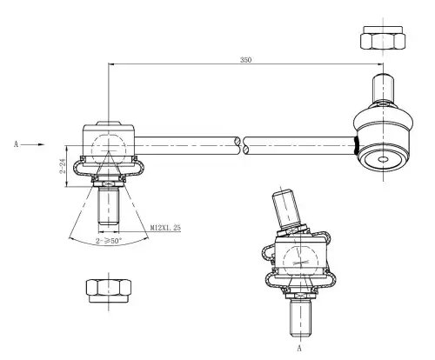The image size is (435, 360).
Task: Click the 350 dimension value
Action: click(245, 60)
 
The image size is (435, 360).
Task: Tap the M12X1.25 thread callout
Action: click(165, 228)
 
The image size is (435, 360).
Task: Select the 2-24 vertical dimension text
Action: click(63, 166)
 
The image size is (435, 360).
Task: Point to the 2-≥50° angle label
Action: click(109, 241)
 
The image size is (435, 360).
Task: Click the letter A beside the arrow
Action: click(16, 144)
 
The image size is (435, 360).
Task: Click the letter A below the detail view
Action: click(299, 348)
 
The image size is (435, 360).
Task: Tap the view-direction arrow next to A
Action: click(33, 144)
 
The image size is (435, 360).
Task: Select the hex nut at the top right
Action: click(383, 37)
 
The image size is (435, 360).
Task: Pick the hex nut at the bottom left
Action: click(109, 291)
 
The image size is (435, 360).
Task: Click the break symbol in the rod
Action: click(242, 145)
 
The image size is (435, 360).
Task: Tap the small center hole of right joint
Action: click(383, 159)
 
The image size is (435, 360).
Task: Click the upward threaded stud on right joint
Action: click(383, 89)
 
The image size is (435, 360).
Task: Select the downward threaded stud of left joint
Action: click(109, 206)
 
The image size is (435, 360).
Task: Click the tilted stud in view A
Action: click(286, 208)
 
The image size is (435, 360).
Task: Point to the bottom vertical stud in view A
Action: click(301, 318)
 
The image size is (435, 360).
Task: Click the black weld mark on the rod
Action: click(357, 145)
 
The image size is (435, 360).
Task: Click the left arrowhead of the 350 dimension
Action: click(111, 63)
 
